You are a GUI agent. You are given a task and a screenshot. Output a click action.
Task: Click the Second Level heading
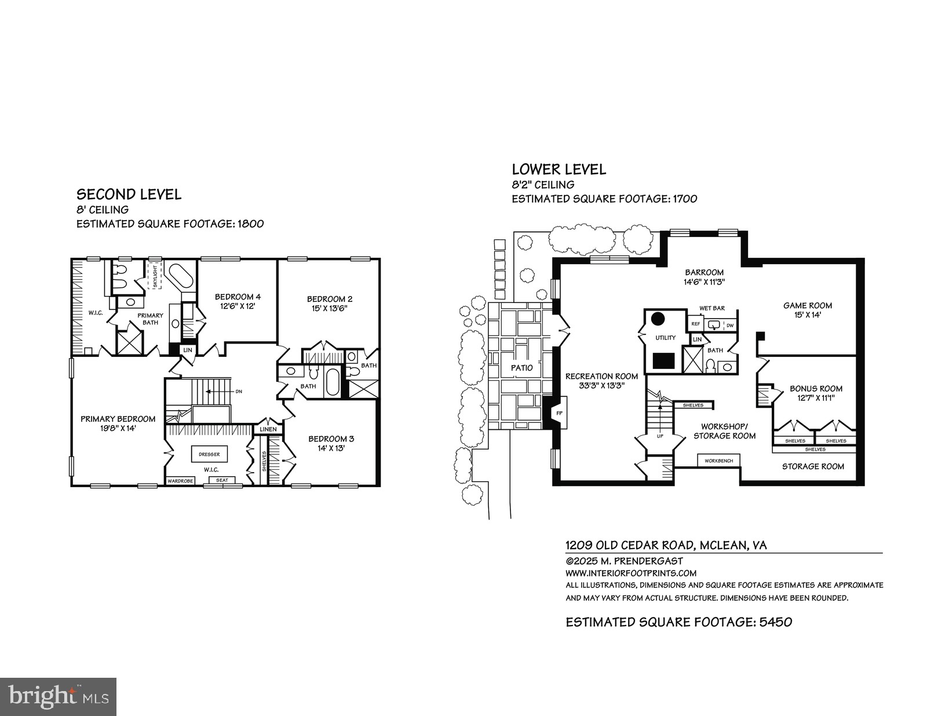pos(129,194)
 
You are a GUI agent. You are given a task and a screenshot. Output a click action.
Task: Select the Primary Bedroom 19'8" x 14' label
pos(118,423)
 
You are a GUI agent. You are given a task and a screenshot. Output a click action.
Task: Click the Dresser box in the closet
pos(209,454)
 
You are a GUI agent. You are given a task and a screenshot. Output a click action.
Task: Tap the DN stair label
pos(238,392)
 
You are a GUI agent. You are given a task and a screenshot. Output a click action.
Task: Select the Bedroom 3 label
pos(331,443)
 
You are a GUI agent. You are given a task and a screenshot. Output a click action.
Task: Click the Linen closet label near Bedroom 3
pos(268,429)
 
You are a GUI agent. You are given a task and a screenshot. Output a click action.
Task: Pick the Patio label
pos(521,368)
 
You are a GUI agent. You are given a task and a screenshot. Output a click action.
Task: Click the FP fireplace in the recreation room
pos(559,413)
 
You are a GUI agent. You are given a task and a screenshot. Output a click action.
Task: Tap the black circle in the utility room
pos(658,319)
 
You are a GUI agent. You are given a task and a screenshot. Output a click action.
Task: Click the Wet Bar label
pos(712,308)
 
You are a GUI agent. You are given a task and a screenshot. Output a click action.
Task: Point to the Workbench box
pos(718,461)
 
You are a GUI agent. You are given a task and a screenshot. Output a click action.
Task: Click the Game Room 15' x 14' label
pos(808,310)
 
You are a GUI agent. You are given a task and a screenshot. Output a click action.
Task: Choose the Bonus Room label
pos(816,393)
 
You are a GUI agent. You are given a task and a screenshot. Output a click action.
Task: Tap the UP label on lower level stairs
pos(660,436)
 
